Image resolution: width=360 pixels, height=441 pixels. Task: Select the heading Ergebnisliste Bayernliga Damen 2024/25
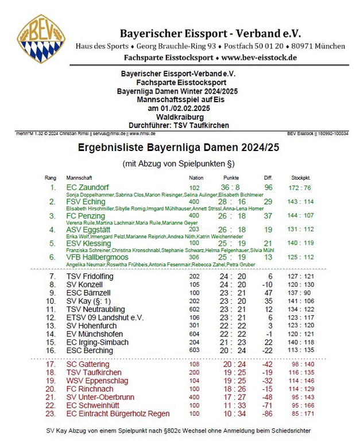178,148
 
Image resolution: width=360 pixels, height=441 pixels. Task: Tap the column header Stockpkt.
301,178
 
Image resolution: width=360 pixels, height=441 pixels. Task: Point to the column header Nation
196,178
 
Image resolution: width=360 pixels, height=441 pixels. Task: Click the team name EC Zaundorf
88,187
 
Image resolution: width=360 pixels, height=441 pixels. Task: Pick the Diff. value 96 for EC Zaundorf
268,187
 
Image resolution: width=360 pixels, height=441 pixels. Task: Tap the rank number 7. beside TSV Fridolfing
52,276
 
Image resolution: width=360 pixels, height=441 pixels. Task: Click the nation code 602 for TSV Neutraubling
195,308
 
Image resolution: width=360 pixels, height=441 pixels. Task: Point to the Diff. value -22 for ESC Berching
267,350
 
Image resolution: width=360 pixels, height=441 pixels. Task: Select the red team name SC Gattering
88,364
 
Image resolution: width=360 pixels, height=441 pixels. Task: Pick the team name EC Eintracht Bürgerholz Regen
118,414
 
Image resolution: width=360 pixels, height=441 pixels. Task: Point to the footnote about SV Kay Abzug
179,431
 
